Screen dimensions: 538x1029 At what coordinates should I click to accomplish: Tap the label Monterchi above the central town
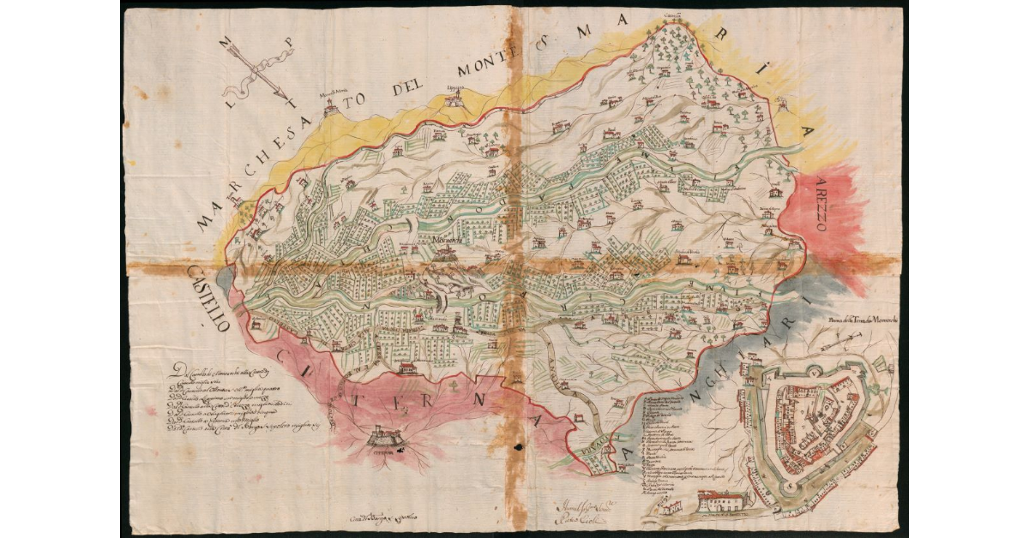click(x=447, y=240)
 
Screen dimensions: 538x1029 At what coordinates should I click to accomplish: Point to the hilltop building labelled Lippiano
click(x=455, y=97)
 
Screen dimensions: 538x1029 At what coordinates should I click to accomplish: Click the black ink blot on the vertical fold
click(x=517, y=445)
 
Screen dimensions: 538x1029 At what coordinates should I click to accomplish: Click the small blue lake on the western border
click(x=225, y=277)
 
